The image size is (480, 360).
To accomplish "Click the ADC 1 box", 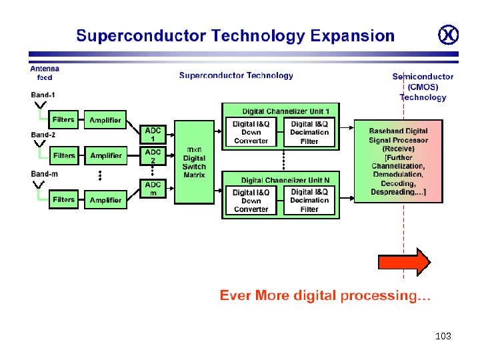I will [153, 135].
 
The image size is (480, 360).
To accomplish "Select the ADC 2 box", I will [153, 156].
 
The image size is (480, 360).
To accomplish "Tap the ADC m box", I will [153, 188].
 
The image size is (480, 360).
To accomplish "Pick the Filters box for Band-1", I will [64, 120].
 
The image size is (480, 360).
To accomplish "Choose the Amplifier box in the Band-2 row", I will [106, 156].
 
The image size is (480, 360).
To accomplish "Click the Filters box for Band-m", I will [64, 200].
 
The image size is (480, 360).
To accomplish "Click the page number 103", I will [443, 336].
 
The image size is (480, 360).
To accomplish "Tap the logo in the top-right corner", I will [448, 35].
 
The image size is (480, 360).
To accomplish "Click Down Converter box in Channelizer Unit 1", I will [251, 132].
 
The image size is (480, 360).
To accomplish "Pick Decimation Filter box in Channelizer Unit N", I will [309, 201].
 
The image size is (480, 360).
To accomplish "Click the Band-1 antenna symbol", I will [39, 105].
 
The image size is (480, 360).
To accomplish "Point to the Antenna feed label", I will [45, 73].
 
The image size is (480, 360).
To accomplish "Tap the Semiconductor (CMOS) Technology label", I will [423, 87].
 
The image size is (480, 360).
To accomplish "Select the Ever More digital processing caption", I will [325, 295].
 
